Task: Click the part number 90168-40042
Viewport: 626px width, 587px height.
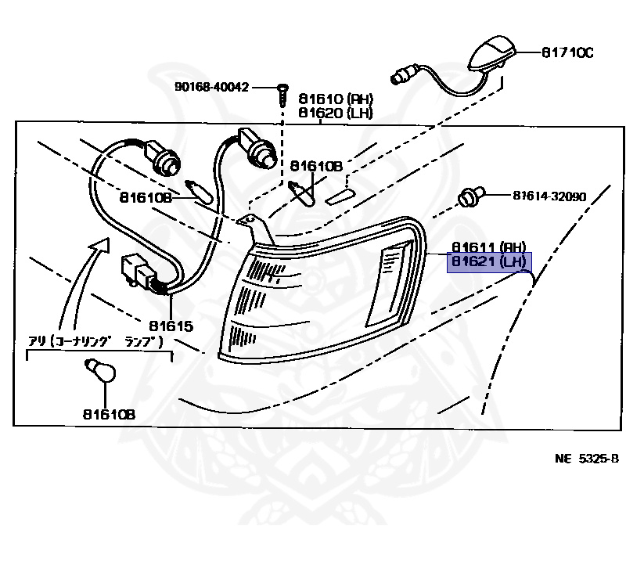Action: [x=211, y=87]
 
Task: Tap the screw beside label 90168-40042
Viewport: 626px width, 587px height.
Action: [x=282, y=95]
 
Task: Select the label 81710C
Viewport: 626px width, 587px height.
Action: [x=567, y=52]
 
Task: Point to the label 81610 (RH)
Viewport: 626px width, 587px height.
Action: [x=335, y=99]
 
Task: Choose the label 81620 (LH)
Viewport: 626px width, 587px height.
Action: [x=335, y=113]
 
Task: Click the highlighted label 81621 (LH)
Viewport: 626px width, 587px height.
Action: [x=487, y=261]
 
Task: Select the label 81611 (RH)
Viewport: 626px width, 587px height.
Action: [x=487, y=247]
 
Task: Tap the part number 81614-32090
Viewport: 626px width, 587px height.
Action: [x=549, y=196]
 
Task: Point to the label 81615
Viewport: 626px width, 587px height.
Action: [x=170, y=325]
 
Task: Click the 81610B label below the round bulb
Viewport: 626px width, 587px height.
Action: [x=106, y=415]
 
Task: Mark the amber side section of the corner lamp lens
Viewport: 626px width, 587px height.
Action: [x=391, y=283]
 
